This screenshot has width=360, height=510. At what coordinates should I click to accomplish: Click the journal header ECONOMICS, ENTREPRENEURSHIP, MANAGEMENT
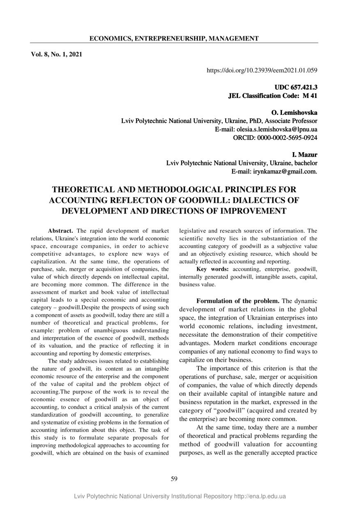tap(174, 39)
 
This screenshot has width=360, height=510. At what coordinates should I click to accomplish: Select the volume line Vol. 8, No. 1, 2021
tap(57, 54)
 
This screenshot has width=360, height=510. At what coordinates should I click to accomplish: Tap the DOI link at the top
tap(262, 70)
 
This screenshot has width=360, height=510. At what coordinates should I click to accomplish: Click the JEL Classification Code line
tap(272, 96)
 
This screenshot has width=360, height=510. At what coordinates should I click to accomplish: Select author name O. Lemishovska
tap(294, 113)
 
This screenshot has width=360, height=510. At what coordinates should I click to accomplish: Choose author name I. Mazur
tap(304, 155)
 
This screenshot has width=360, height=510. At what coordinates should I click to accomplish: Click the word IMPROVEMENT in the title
tap(244, 211)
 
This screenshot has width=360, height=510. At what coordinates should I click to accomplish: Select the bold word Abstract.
tap(60, 231)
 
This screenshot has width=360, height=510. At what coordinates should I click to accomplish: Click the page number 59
tap(174, 478)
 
